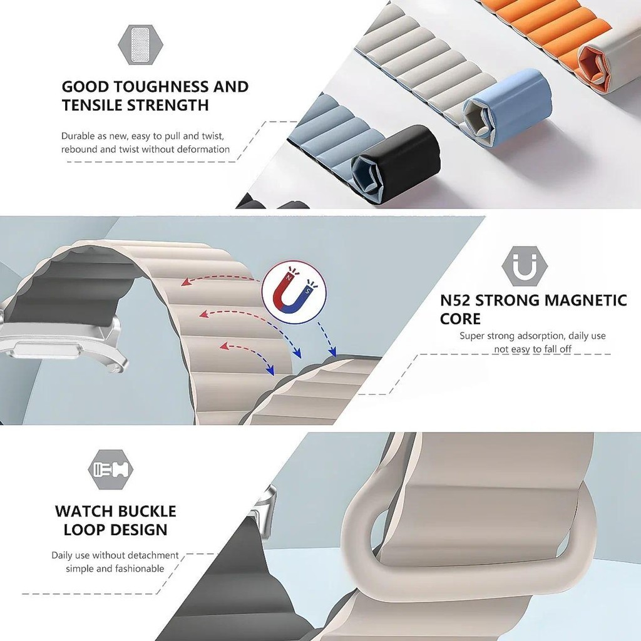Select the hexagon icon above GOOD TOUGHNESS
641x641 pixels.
[141, 44]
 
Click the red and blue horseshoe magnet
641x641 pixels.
[294, 292]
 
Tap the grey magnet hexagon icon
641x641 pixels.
[525, 266]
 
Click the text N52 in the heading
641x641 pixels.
[455, 300]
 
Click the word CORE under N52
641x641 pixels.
[460, 319]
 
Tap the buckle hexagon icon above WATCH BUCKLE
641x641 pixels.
[111, 469]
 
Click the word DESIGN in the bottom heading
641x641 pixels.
[141, 530]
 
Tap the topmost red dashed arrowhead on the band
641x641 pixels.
[185, 282]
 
